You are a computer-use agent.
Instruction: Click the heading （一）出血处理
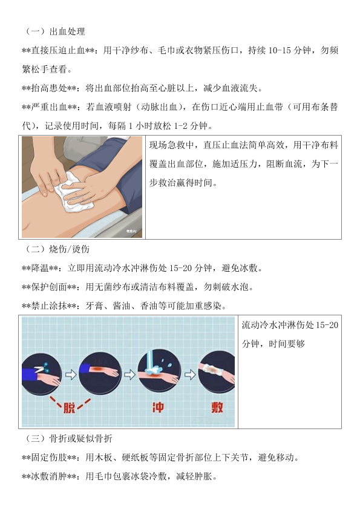[x=54, y=31]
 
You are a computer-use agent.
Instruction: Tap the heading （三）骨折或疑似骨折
[x=68, y=439]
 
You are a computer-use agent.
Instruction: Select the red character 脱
[x=69, y=407]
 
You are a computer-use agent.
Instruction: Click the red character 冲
[x=158, y=407]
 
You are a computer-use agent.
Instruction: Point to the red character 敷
[x=217, y=407]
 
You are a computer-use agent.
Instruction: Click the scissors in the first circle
[x=41, y=368]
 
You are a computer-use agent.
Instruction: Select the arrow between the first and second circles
[x=71, y=375]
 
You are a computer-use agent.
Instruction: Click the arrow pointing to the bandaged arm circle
[x=190, y=375]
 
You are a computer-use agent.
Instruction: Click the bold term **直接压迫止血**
[x=58, y=50]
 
